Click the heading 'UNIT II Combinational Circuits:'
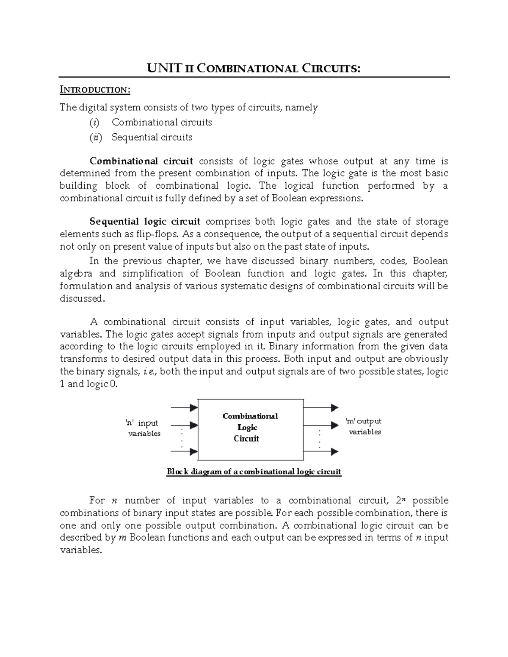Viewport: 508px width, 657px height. pos(254,68)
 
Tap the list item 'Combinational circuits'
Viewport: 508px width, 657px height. pos(162,122)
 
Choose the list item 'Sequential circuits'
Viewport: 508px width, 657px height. pos(152,137)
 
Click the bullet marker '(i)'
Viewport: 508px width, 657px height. pos(94,122)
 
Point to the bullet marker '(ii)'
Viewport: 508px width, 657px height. pos(95,137)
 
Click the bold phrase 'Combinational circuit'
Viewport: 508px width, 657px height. pos(141,161)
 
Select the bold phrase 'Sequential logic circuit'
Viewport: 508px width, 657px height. pos(145,222)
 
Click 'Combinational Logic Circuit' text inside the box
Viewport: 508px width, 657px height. pos(250,427)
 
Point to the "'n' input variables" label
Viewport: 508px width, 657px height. pos(144,428)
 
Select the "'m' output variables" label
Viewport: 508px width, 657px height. pos(364,426)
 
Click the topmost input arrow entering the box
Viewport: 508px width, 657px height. pos(184,408)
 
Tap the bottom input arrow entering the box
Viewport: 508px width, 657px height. pos(184,451)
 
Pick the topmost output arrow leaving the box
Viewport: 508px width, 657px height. pos(321,408)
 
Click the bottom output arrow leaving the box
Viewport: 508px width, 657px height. pos(321,451)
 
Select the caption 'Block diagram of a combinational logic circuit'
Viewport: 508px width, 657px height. pos(254,472)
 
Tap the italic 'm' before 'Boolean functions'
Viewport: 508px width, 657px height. pos(122,538)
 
